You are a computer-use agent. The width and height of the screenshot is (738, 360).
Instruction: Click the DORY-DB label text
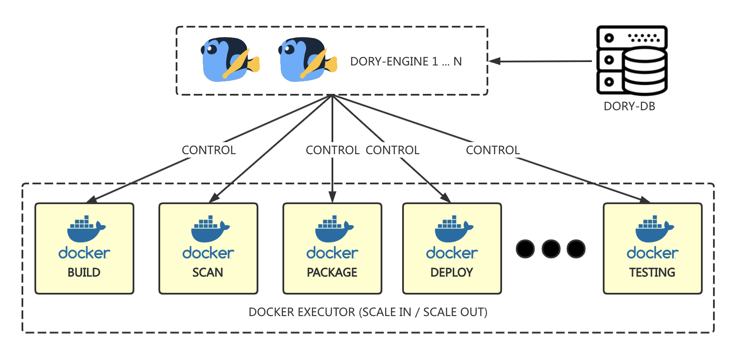629,106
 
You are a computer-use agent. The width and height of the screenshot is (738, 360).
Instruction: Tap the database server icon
632,60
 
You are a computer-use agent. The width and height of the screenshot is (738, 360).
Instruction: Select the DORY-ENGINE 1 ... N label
406,62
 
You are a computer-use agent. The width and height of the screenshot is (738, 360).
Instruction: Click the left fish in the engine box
230,59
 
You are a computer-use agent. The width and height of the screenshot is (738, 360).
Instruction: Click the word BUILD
84,273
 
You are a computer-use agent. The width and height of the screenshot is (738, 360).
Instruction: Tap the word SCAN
208,273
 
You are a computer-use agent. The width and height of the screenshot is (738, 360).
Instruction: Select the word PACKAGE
332,273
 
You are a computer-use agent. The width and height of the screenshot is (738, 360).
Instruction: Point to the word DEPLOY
452,273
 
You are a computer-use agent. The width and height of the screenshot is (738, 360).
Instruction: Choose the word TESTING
652,273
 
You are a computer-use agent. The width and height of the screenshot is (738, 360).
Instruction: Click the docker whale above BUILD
86,229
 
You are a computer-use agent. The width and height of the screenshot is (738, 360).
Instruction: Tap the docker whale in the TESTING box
654,229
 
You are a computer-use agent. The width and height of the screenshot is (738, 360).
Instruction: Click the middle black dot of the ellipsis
551,249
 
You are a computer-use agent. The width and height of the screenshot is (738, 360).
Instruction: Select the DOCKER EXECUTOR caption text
368,312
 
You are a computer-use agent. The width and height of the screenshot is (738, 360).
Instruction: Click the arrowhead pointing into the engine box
494,61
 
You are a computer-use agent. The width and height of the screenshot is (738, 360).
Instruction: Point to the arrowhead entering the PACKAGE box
332,197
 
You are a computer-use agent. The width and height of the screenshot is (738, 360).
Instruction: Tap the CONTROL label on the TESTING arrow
493,150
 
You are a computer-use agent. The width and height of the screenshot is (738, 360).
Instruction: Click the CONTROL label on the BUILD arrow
208,150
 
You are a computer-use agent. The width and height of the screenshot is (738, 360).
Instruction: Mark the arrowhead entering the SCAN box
214,198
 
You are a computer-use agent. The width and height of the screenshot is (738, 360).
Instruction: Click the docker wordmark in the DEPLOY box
452,253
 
